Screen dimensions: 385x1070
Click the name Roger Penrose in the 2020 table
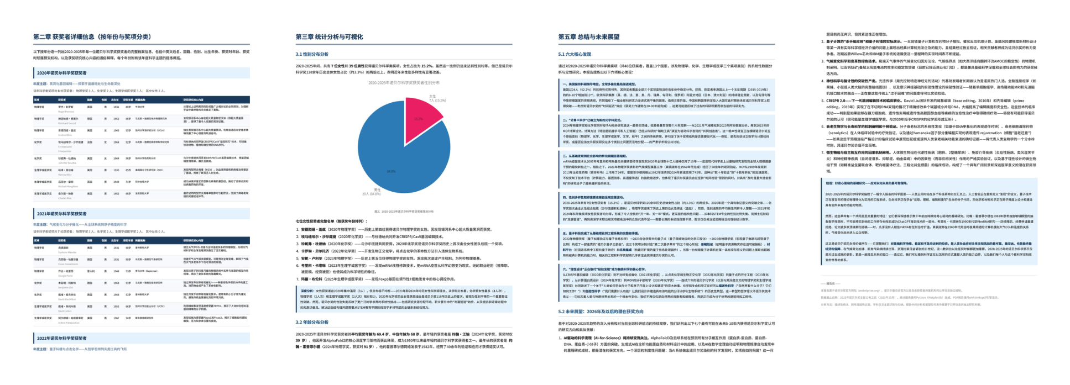[x=66, y=111]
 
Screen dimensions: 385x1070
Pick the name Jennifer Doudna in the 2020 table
[x=67, y=163]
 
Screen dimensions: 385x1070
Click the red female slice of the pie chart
[x=421, y=117]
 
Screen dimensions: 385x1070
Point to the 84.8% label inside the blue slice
[x=391, y=171]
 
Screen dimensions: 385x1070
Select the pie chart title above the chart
[x=404, y=83]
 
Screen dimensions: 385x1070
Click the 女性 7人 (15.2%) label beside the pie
[x=437, y=98]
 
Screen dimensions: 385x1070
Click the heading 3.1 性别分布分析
[x=312, y=54]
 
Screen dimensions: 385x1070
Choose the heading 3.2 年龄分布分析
[x=312, y=322]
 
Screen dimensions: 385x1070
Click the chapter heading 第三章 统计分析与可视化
[x=329, y=37]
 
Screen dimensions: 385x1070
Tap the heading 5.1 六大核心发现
[x=575, y=54]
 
